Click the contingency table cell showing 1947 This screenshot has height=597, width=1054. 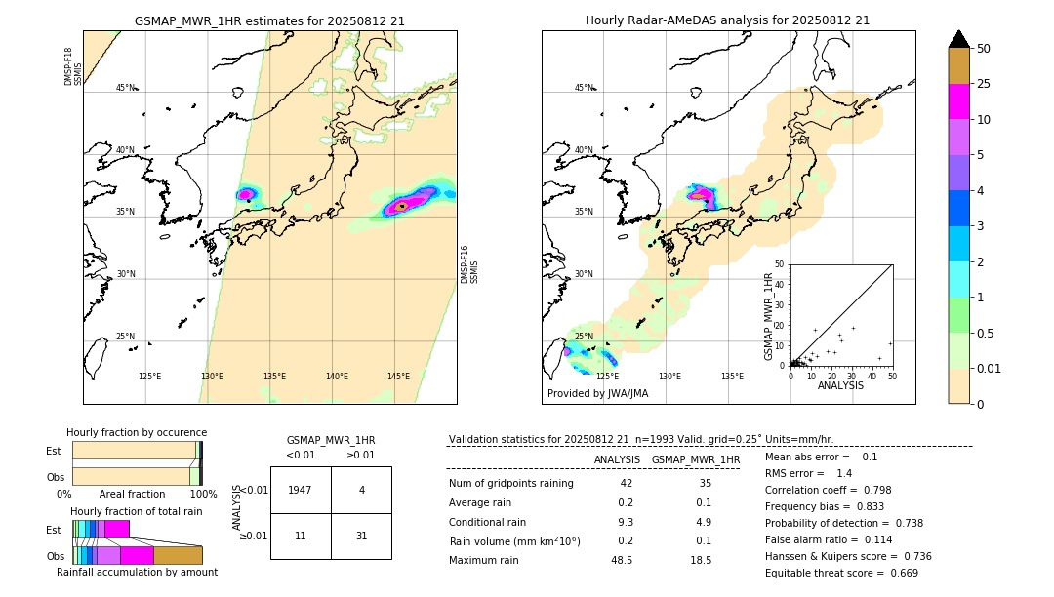(x=301, y=490)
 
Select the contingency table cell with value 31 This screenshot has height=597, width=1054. (x=361, y=536)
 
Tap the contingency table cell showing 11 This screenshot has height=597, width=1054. (x=301, y=536)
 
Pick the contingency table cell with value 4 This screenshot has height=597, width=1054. (x=361, y=490)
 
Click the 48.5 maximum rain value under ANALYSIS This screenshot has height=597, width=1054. (x=622, y=560)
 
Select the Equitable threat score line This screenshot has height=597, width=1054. (x=841, y=573)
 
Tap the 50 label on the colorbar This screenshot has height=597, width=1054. (x=984, y=49)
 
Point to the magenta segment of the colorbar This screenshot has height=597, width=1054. (x=959, y=102)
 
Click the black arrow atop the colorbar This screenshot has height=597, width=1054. (x=959, y=39)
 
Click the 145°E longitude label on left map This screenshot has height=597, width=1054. (x=398, y=377)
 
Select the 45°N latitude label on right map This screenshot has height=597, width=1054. (x=583, y=88)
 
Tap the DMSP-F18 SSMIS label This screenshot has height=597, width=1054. (x=68, y=66)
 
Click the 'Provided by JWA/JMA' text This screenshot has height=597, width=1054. (x=597, y=394)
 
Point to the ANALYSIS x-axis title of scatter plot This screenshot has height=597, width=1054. (x=839, y=385)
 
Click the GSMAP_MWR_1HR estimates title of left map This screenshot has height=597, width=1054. (x=269, y=20)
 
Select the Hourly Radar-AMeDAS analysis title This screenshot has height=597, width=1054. (x=727, y=20)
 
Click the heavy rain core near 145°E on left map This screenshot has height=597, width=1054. (x=401, y=206)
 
